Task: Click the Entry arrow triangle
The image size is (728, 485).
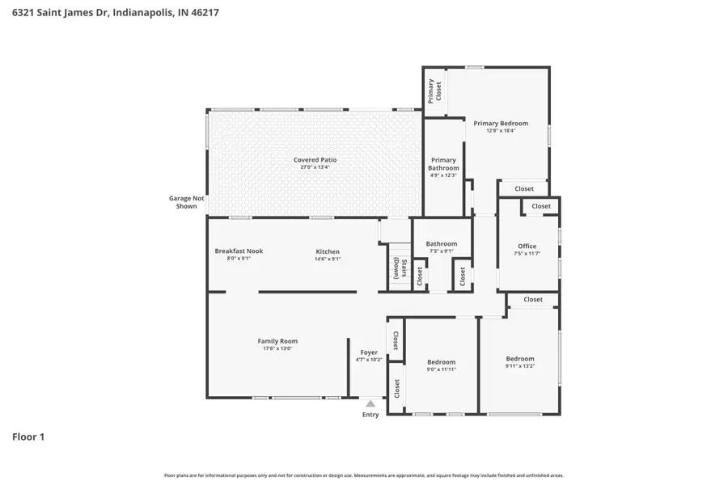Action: click(x=370, y=403)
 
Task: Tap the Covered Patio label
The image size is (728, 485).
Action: click(x=315, y=160)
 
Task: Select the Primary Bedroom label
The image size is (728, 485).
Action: click(x=501, y=124)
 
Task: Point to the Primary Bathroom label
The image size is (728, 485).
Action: click(x=443, y=164)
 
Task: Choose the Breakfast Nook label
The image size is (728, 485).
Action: click(x=239, y=251)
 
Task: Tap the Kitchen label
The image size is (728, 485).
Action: click(x=328, y=251)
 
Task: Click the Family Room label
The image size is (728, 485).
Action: click(x=277, y=341)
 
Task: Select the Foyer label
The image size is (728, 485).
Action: click(x=369, y=352)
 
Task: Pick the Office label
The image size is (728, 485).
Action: click(x=527, y=247)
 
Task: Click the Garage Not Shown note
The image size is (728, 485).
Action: click(x=183, y=202)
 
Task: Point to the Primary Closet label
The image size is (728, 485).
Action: click(x=436, y=90)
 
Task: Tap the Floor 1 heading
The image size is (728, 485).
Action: click(x=28, y=437)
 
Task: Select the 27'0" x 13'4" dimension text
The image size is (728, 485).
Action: click(x=315, y=167)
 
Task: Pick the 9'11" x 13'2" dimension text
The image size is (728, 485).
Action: click(x=520, y=366)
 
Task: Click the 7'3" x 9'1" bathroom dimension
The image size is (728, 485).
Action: click(x=442, y=251)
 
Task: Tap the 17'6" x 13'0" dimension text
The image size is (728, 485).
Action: click(x=277, y=348)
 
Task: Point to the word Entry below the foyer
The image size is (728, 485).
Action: click(x=370, y=415)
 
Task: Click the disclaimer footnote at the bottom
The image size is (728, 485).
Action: click(x=364, y=475)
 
